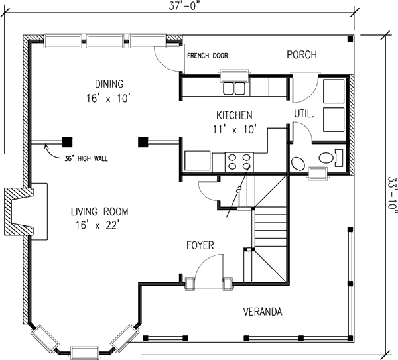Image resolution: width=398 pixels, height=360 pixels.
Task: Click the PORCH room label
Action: click(x=302, y=55)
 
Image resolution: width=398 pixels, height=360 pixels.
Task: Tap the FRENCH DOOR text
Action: click(x=208, y=56)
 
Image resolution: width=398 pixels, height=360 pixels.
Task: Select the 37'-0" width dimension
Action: click(x=182, y=6)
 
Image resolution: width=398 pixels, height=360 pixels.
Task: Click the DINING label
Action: click(x=109, y=84)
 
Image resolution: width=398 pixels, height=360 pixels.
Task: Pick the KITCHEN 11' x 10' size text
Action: click(x=233, y=130)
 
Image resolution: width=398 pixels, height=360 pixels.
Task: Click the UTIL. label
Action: click(x=304, y=114)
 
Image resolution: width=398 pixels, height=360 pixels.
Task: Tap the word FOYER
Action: click(x=200, y=245)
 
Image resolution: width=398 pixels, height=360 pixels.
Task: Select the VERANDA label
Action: click(x=263, y=312)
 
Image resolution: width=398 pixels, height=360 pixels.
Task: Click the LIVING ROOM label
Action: click(x=99, y=211)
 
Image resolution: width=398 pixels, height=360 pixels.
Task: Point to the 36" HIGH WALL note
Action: click(x=86, y=159)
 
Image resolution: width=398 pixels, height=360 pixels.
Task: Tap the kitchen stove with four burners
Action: click(x=239, y=162)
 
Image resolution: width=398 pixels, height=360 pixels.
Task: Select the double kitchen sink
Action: click(x=234, y=88)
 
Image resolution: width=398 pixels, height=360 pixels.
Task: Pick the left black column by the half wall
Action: click(x=67, y=142)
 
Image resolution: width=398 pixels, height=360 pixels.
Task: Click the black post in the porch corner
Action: click(x=350, y=39)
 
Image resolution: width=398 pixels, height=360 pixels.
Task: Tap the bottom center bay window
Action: click(x=84, y=353)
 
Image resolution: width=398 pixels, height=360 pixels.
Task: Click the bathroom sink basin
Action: click(x=298, y=164)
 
